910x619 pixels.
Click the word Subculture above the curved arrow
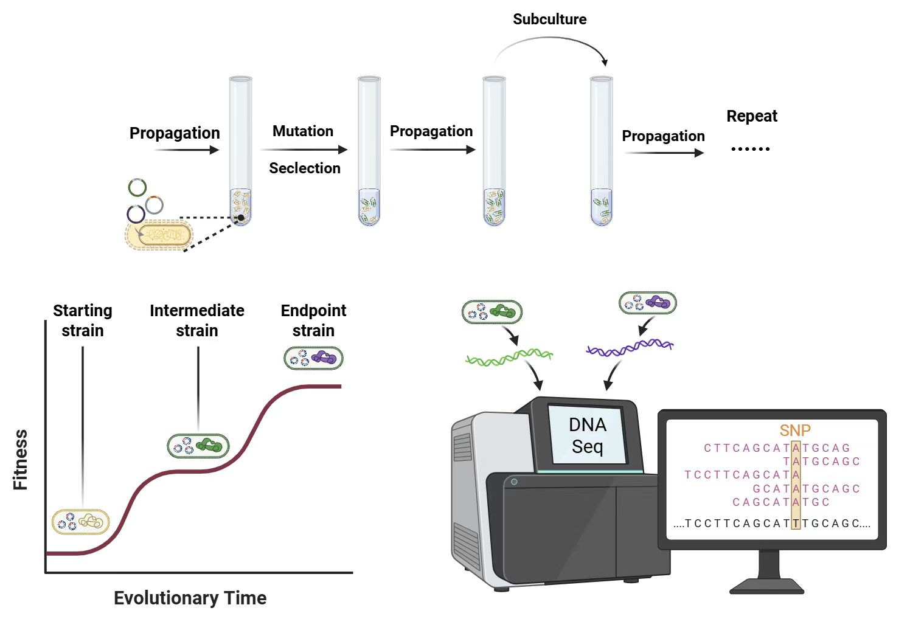coord(549,19)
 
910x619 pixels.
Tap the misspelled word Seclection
coord(305,168)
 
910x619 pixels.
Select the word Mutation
coord(303,131)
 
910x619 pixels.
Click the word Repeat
coord(752,116)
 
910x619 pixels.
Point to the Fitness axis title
coord(21,460)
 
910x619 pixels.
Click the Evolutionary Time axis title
coord(190,598)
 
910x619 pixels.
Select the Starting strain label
coord(83,320)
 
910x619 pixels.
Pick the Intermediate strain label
coord(197,320)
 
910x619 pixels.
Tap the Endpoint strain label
coord(313,320)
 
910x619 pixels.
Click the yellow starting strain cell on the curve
coord(81,522)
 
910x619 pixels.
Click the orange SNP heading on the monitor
coord(795,431)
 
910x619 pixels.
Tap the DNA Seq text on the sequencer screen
coord(587,435)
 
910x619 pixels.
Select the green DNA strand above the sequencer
coord(509,358)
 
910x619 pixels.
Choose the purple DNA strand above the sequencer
coord(630,348)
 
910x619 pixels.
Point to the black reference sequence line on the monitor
coord(772,524)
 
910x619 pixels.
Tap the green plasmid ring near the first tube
coord(137,187)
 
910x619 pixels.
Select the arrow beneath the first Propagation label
coord(186,150)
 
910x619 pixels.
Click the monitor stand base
coord(767,586)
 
